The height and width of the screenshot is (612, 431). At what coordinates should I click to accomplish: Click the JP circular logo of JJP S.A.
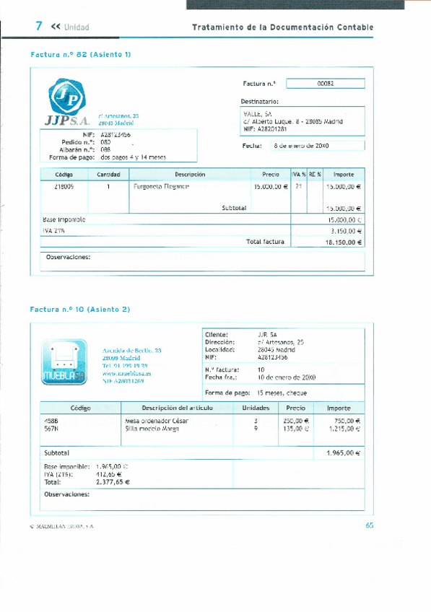click(66, 99)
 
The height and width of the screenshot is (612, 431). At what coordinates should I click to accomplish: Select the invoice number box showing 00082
click(326, 84)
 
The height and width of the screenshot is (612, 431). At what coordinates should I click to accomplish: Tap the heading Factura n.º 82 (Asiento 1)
click(81, 54)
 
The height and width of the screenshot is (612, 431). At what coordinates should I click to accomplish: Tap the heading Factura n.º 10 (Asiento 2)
click(80, 309)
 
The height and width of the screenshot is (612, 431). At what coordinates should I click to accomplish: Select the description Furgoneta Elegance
click(162, 186)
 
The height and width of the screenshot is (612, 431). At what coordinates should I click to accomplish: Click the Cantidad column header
click(108, 175)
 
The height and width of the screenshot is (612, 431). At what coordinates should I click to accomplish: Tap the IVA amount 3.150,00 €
click(345, 231)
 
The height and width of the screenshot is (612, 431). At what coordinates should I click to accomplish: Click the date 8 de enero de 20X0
click(301, 146)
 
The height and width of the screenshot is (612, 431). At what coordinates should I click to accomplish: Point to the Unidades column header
click(251, 408)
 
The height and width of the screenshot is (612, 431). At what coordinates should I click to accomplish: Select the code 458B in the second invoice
click(51, 420)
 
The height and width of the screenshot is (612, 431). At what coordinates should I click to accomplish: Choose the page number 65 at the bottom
click(369, 525)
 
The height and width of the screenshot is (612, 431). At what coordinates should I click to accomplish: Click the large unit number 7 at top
click(40, 26)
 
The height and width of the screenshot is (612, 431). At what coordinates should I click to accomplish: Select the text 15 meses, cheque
click(282, 393)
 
